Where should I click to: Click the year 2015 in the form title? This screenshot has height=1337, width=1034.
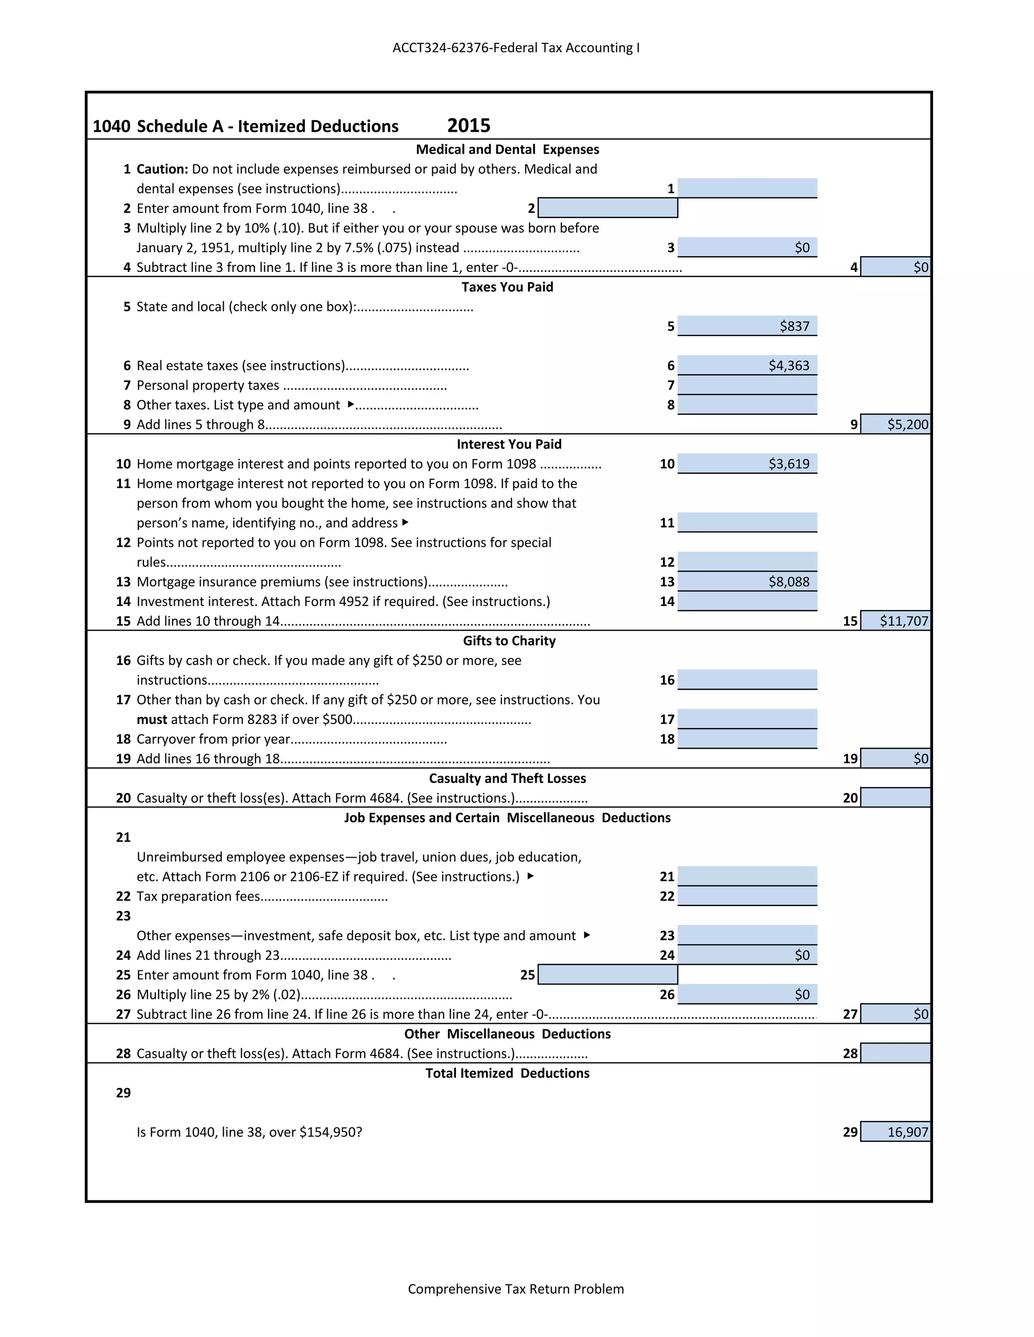point(469,126)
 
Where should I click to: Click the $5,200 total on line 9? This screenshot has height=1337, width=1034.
point(907,424)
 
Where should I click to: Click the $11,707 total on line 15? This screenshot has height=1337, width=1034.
point(904,621)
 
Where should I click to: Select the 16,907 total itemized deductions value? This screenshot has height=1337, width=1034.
point(907,1132)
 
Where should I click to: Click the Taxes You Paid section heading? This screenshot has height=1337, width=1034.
point(507,287)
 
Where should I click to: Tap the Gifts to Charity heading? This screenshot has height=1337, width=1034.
point(509,641)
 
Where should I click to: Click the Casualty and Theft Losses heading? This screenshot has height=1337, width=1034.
point(507,778)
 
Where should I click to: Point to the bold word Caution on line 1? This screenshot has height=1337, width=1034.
point(162,169)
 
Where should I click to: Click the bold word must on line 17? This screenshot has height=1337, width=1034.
point(151,719)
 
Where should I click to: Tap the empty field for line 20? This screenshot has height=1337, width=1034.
point(895,798)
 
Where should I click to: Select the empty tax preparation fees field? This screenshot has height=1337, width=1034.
point(747,896)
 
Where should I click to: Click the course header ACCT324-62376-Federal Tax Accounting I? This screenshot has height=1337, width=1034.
point(516,48)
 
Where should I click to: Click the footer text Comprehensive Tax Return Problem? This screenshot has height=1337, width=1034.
point(516,1289)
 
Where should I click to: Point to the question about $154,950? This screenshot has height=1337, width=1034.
point(249,1132)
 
